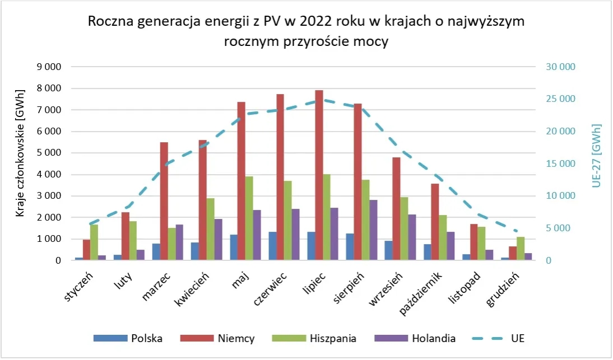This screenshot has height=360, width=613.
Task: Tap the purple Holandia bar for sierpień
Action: (x=373, y=230)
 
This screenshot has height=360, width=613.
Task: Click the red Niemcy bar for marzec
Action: (x=164, y=202)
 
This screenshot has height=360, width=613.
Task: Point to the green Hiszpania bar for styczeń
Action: (x=94, y=242)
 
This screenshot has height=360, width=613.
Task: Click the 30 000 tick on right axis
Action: (x=561, y=67)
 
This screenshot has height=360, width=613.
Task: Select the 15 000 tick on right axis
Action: (x=561, y=164)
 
